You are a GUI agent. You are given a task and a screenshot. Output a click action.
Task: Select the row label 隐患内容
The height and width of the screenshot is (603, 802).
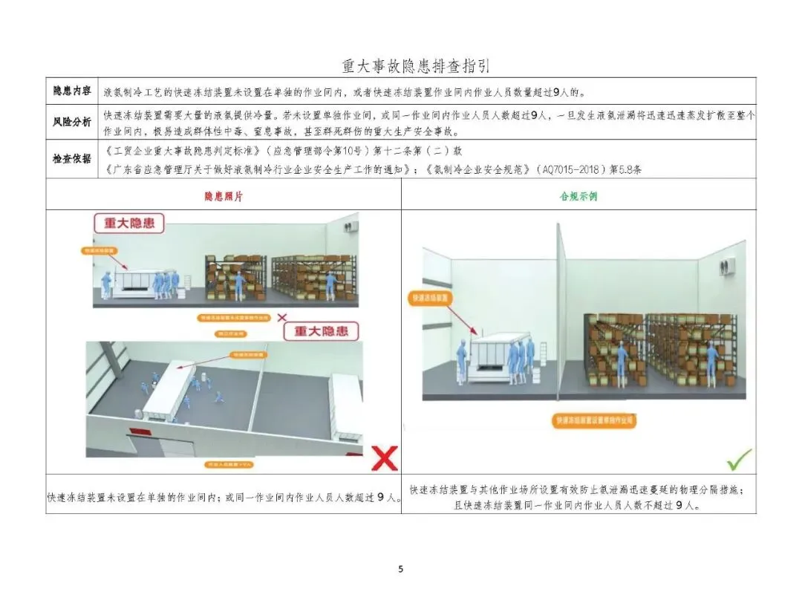pos(71,91)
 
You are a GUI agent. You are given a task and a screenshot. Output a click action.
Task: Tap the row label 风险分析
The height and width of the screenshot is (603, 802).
pos(71,121)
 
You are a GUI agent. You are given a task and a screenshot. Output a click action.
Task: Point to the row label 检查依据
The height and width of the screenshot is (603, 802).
pos(71,158)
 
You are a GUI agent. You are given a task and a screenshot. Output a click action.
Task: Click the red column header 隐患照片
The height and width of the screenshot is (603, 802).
pos(223,198)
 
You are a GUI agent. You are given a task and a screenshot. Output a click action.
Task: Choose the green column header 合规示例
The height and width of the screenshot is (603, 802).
pos(578,198)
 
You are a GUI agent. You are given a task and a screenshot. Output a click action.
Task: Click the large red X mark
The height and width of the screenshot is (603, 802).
pos(384,458)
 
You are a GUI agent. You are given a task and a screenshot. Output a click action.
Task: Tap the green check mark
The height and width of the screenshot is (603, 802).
pos(739,460)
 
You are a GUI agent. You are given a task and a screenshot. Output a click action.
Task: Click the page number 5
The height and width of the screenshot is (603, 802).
pos(401,570)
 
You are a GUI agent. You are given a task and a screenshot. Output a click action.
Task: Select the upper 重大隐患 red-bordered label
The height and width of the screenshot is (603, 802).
pos(128,223)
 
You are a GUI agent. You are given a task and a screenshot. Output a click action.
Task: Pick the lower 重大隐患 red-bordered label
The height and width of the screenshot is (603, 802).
pos(320,330)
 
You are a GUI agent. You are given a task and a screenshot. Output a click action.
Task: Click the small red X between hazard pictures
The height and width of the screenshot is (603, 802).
pos(281,317)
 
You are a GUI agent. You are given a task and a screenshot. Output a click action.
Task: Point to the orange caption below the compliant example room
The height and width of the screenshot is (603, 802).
pos(594,420)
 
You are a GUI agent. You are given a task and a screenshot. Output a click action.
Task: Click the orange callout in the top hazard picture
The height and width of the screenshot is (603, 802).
pos(99,251)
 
